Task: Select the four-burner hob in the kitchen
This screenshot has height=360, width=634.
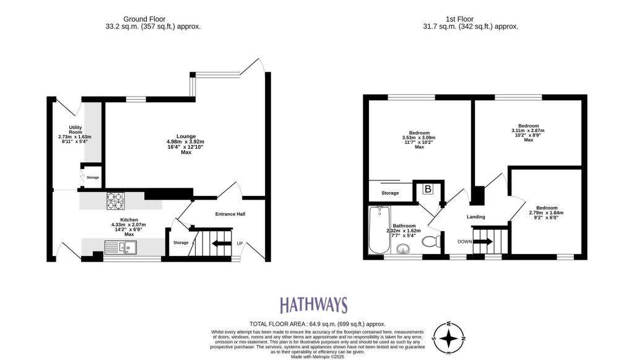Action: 116,200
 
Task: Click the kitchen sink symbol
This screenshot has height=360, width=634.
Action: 121,248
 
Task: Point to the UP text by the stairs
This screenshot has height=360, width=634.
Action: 240,244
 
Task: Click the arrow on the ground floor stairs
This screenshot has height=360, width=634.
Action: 219,244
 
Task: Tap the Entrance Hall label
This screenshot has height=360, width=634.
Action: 230,214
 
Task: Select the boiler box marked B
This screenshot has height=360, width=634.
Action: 427,190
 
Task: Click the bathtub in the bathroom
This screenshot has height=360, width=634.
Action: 377,230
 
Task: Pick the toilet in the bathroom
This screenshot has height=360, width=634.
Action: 432,240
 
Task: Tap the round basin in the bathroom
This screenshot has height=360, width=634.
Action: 403,250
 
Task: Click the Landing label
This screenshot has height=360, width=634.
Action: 475,216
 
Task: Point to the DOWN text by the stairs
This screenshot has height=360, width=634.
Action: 464,241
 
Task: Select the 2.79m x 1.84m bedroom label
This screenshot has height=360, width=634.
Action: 547,213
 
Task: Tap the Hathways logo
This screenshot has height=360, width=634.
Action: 313,305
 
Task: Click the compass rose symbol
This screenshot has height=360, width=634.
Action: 450,338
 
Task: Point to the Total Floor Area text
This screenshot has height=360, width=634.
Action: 317,324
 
